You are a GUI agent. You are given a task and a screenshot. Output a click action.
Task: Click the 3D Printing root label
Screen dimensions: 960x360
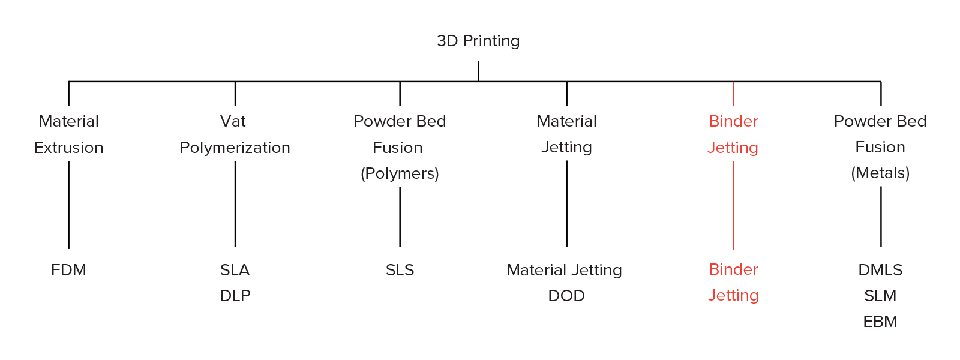tap(478, 41)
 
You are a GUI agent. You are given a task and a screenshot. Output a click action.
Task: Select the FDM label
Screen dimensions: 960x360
tap(68, 270)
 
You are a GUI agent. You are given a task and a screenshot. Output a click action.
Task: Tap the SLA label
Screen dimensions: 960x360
tap(235, 270)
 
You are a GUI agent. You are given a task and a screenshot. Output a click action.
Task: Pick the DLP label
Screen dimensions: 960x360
tap(235, 296)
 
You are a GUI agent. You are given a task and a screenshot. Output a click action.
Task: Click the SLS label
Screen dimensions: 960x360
tap(400, 270)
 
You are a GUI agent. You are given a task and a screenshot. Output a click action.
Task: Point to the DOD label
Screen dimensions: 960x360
tap(566, 296)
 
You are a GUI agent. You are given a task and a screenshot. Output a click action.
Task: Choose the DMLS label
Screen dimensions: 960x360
tap(880, 270)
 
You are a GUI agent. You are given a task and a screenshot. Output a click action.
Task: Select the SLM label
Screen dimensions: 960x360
tap(880, 296)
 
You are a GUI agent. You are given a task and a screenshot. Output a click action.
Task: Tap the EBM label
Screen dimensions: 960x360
tap(880, 322)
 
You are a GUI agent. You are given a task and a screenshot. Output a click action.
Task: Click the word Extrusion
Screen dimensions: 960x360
tap(68, 148)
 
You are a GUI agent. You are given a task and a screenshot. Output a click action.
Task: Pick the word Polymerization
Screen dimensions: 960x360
tap(235, 148)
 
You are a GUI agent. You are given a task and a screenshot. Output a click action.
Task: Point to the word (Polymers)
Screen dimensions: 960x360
tap(400, 173)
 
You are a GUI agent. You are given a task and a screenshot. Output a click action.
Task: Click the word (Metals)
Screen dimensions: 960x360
tap(880, 173)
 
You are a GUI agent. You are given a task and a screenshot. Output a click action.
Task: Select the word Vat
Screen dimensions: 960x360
tap(233, 121)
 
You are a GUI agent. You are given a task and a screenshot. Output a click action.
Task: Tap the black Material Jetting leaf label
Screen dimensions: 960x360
tap(564, 270)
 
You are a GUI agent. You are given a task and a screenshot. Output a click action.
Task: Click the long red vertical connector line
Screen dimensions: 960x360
tap(734, 205)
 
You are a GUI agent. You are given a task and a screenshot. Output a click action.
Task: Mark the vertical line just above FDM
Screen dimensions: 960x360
tap(68, 205)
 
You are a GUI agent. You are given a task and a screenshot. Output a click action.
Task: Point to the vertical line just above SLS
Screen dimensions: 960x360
tap(400, 217)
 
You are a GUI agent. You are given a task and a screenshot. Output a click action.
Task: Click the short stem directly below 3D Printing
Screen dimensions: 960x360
tap(478, 71)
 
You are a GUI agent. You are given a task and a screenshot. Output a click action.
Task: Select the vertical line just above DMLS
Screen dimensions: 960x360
tap(881, 217)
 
